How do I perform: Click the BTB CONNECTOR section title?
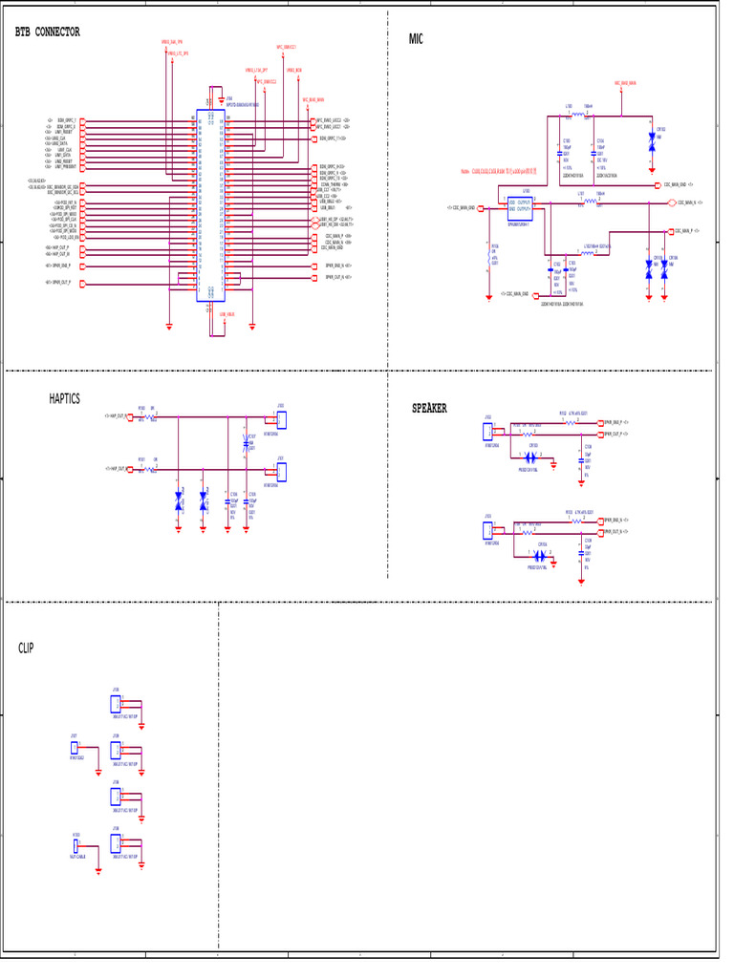(x=48, y=32)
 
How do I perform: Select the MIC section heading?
(x=416, y=39)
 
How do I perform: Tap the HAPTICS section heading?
(x=65, y=399)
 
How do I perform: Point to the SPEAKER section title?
(x=429, y=409)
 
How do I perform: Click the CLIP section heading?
(x=26, y=648)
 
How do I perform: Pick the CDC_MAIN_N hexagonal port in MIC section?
(x=671, y=202)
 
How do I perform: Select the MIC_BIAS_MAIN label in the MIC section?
(x=625, y=83)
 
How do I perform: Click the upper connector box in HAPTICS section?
(x=281, y=419)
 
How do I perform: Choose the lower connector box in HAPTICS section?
(x=281, y=472)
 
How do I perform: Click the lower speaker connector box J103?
(x=488, y=530)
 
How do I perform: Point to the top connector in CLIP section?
(x=116, y=705)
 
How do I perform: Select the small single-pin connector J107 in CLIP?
(x=75, y=747)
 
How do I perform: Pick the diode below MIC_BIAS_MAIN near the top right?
(x=652, y=138)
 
